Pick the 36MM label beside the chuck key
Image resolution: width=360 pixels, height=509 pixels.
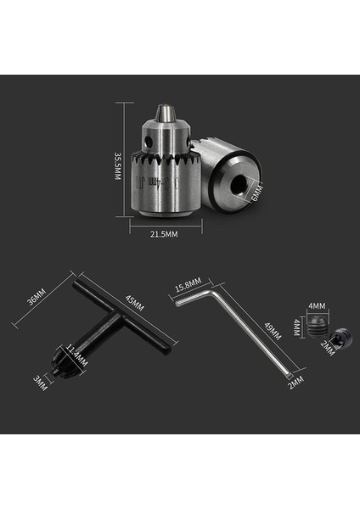tap(35, 302)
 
